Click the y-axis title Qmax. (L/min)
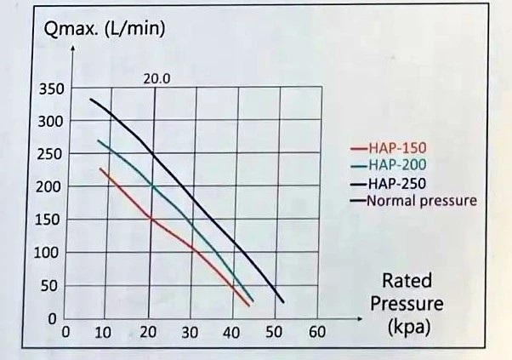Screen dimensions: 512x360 105,30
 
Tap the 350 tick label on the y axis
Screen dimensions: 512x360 52,89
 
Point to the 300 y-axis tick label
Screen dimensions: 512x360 50,122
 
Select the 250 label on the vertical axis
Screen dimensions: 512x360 49,154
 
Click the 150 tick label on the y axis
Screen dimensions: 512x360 48,220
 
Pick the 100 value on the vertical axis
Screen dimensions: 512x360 47,253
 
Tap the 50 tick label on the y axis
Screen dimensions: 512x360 49,286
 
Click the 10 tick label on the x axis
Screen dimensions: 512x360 103,333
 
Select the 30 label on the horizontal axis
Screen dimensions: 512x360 190,333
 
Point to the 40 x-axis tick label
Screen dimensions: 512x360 231,333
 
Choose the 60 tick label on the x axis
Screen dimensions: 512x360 317,332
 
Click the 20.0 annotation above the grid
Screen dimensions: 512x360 156,79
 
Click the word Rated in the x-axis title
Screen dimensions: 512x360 407,281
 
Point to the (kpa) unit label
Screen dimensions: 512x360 409,327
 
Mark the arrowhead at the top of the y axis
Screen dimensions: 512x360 73,48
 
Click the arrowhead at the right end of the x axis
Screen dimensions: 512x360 359,319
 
